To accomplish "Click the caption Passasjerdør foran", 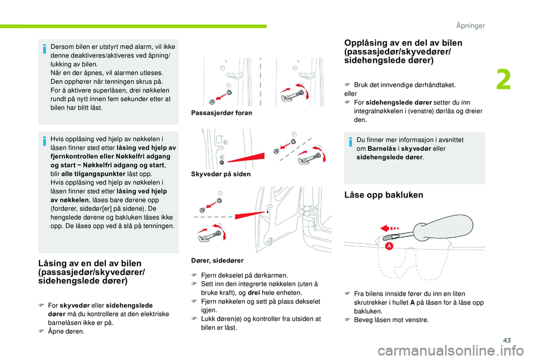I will click(221, 113).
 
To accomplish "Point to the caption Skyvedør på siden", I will click(220, 174).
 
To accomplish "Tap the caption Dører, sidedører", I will click(217, 260).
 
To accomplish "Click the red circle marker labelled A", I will click(389, 246).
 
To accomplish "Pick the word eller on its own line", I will click(351, 94).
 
